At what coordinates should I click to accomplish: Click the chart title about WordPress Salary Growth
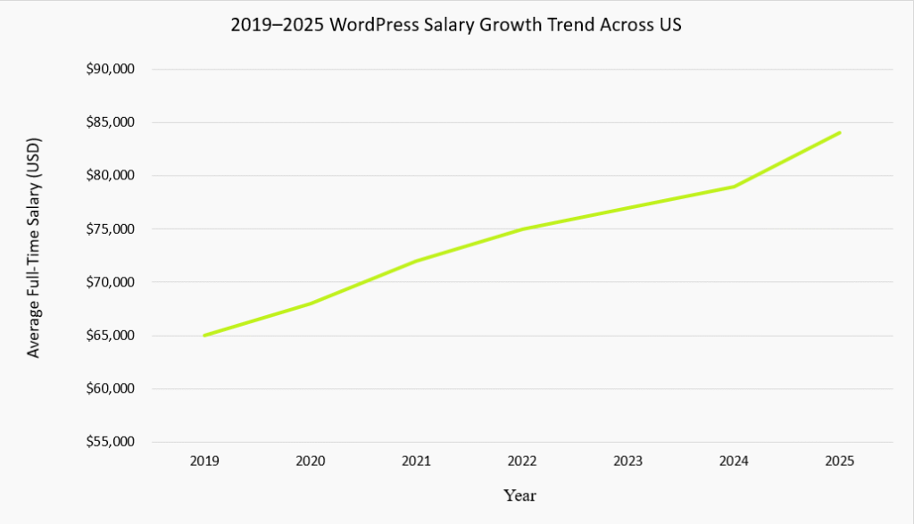[x=456, y=25]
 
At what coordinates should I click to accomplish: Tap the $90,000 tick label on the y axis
[x=110, y=70]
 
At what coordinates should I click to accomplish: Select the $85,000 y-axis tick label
[x=110, y=122]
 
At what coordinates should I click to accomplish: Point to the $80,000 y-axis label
[x=110, y=176]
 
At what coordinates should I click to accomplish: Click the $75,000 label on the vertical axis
[x=110, y=229]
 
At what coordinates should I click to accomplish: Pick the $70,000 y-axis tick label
[x=110, y=282]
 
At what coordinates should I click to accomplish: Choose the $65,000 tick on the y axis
[x=110, y=336]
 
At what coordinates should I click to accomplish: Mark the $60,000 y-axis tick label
[x=110, y=389]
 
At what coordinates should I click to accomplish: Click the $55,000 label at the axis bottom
[x=110, y=442]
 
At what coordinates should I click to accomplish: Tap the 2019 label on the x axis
[x=204, y=462]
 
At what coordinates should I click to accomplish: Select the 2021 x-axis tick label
[x=416, y=462]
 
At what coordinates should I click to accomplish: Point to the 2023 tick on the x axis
[x=627, y=462]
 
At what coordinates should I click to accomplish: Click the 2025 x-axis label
[x=839, y=462]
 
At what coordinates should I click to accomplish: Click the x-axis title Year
[x=519, y=495]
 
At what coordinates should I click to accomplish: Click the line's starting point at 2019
[x=204, y=336]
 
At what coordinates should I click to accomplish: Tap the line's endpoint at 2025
[x=839, y=133]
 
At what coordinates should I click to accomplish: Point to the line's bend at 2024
[x=734, y=187]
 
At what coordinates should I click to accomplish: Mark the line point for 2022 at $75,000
[x=522, y=229]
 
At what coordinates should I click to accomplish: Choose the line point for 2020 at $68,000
[x=311, y=304]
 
